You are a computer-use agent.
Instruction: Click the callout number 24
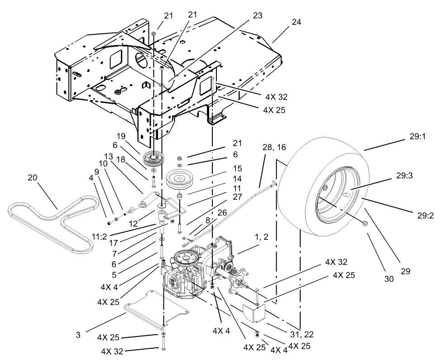click(297, 22)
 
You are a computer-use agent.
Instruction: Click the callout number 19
click(120, 135)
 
